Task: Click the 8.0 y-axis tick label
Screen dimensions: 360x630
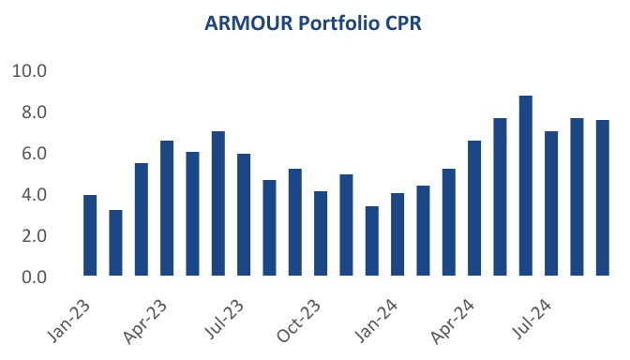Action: point(34,112)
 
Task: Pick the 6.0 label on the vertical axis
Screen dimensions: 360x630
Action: point(34,154)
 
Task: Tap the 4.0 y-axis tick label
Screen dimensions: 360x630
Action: point(34,195)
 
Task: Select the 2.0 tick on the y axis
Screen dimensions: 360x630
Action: point(34,236)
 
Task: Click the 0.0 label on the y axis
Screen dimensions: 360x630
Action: point(34,277)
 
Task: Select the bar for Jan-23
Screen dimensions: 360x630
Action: point(90,235)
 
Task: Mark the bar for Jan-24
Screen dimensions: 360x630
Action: point(397,234)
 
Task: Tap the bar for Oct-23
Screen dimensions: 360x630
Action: point(321,233)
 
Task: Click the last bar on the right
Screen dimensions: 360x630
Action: point(603,198)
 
